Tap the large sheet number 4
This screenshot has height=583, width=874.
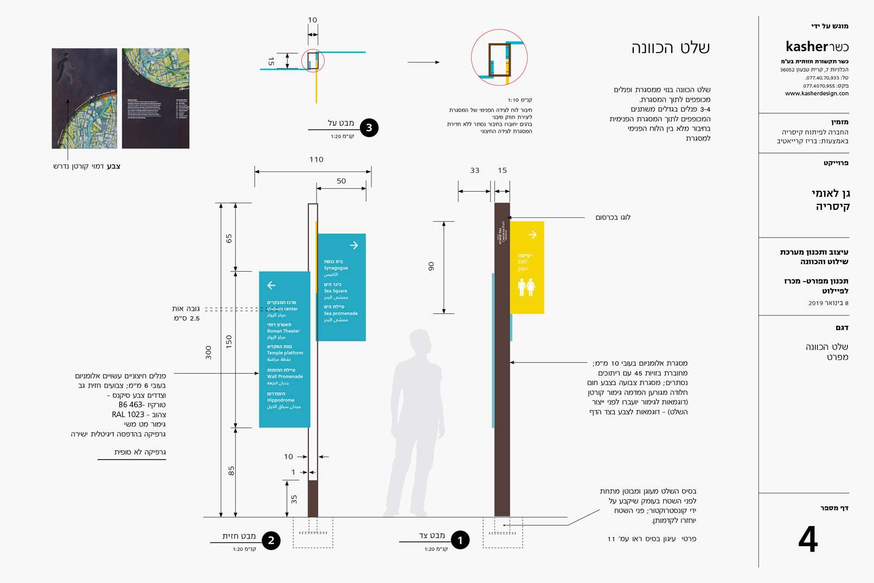click(x=808, y=540)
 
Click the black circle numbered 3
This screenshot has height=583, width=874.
click(x=369, y=128)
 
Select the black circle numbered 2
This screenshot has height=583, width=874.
click(x=271, y=540)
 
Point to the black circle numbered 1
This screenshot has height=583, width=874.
click(x=460, y=540)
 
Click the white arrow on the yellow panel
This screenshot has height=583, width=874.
click(x=532, y=235)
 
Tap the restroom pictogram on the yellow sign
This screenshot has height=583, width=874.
click(x=526, y=287)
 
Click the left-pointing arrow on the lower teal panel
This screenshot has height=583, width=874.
click(x=272, y=285)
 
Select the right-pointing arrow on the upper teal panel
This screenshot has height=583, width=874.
click(x=354, y=246)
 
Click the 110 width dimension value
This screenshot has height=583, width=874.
click(x=316, y=159)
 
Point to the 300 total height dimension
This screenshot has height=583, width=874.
click(x=209, y=353)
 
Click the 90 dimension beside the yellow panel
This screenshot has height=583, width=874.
click(x=432, y=266)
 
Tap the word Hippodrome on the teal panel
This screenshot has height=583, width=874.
click(x=281, y=400)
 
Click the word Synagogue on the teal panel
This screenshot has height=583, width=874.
click(x=336, y=268)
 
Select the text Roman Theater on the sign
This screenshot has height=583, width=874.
click(x=283, y=331)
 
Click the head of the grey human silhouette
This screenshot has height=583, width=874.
click(x=420, y=342)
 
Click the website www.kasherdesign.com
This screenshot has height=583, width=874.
click(x=817, y=93)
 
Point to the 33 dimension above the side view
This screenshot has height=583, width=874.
click(x=475, y=170)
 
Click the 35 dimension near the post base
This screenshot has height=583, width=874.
click(x=294, y=499)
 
